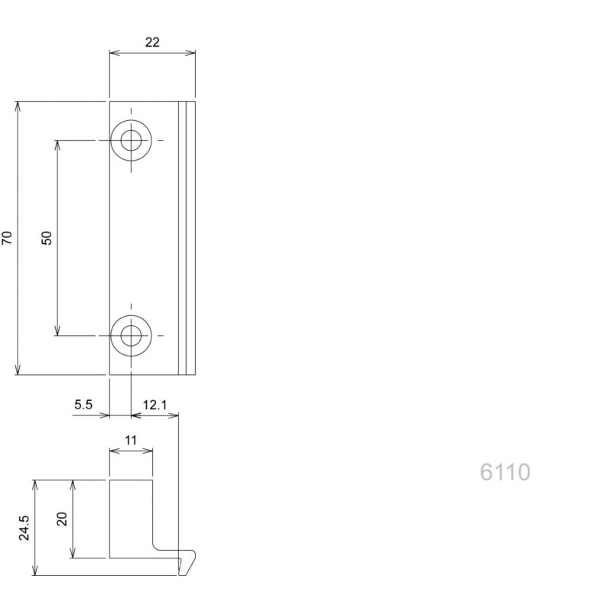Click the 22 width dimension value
click(152, 42)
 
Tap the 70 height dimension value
click(7, 238)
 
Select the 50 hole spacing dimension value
click(47, 238)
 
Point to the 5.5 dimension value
click(83, 405)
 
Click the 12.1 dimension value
click(155, 405)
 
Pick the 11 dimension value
click(131, 441)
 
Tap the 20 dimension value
click(63, 519)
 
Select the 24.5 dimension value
click(24, 528)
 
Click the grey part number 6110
click(505, 472)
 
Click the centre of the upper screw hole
click(131, 141)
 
